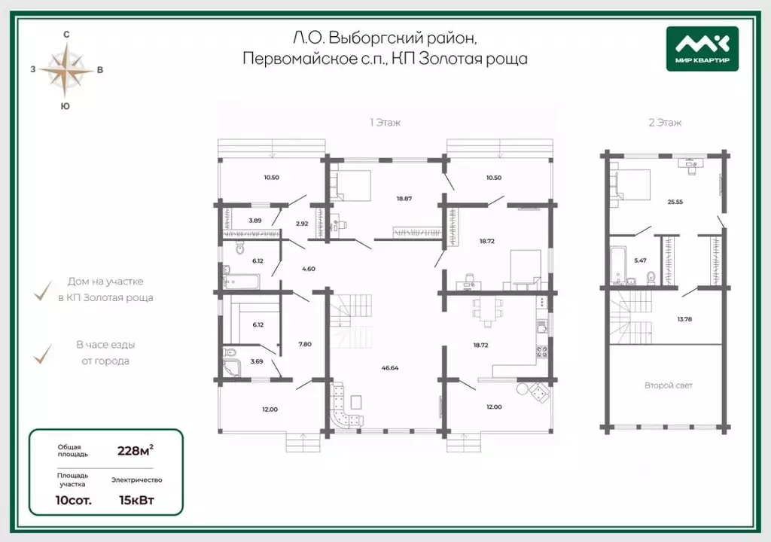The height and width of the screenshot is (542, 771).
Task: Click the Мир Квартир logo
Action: pos(702,49)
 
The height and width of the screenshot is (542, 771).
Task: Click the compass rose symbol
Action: pos(66,70)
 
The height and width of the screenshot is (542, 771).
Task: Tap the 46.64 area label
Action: pos(390,367)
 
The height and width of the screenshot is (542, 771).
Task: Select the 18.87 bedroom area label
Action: pos(404,199)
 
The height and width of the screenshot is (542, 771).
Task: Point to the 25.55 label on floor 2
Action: pos(675,202)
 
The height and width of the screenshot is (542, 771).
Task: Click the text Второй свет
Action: pos(669,385)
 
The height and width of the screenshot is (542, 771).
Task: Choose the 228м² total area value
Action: pos(136,450)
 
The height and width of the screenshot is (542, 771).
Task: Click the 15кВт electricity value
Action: pos(137,500)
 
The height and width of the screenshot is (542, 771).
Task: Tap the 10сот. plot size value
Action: pos(73,500)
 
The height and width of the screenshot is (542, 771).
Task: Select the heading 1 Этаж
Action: pos(385,123)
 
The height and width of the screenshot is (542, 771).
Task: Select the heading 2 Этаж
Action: pos(666,123)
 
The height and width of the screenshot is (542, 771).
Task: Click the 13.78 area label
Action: pos(684,319)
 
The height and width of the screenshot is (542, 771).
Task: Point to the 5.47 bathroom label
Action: pos(640,260)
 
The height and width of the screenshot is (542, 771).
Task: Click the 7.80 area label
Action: pos(305,344)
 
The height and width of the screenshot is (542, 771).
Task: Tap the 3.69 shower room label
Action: pos(257,361)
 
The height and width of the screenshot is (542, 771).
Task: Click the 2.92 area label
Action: pos(302,224)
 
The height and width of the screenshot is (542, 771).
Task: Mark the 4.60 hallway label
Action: pos(308,269)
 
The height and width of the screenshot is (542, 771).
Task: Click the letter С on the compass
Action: pos(66,35)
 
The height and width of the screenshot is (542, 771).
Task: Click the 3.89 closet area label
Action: pos(254,221)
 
